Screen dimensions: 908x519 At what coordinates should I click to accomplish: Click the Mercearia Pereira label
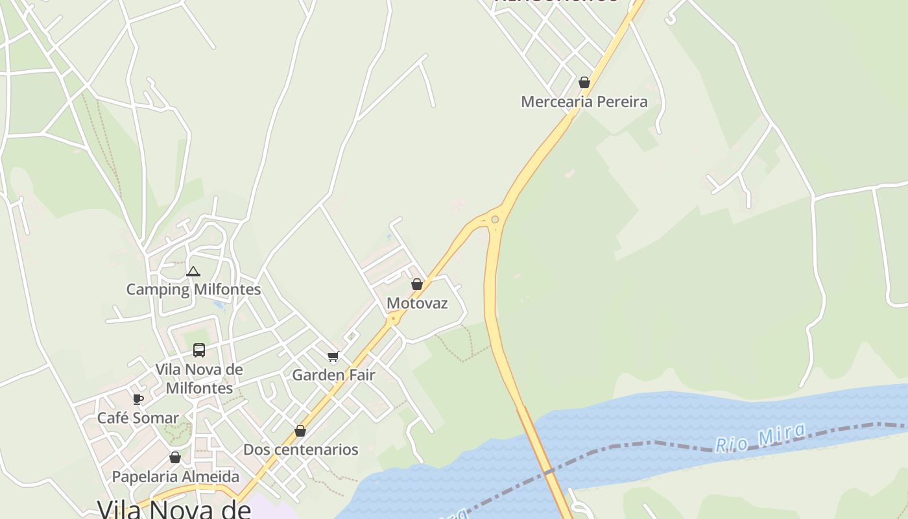tap(584, 102)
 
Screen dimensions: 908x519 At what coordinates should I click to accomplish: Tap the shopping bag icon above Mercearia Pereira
tap(584, 82)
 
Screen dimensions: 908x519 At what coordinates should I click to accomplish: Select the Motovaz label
tap(417, 303)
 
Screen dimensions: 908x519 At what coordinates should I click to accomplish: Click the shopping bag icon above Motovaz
tap(417, 284)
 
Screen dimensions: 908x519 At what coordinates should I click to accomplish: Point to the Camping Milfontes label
tap(193, 289)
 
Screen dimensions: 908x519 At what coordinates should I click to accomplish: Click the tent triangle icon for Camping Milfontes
tap(193, 271)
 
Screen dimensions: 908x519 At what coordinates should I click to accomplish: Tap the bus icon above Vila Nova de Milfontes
tap(199, 350)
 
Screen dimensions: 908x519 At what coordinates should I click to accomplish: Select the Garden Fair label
tap(333, 375)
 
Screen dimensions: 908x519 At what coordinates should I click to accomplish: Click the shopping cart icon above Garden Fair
tap(333, 356)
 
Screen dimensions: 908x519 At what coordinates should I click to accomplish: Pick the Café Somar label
tap(137, 418)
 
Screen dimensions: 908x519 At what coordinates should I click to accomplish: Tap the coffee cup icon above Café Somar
tap(137, 399)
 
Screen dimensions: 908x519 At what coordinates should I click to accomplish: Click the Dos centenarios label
tap(300, 450)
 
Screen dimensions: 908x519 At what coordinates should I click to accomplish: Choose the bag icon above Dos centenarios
tap(300, 431)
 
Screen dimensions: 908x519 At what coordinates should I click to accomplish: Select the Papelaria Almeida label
tap(175, 477)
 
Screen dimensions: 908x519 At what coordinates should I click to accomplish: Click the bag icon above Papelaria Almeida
tap(174, 458)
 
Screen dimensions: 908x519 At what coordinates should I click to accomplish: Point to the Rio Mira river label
tap(760, 437)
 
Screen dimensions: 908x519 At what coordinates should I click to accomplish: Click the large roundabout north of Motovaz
tap(495, 219)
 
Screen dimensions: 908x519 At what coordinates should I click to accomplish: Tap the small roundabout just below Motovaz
tap(392, 319)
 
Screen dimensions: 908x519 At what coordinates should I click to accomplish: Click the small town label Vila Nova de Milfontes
tap(199, 379)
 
